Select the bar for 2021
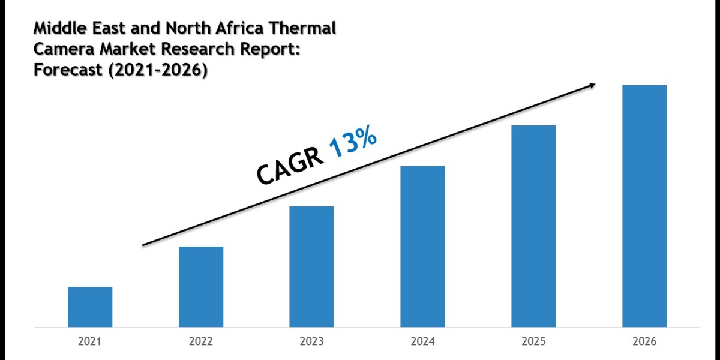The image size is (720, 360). pos(90,307)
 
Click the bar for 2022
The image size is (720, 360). pos(201,287)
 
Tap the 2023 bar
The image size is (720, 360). pos(311,266)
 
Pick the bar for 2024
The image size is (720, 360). pos(422,246)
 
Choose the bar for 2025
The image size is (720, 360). pos(533,226)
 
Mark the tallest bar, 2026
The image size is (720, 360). pos(644,206)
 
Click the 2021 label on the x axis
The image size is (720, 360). pos(90,342)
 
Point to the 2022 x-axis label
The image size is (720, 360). pos(201,342)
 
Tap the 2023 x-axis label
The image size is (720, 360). pos(311,342)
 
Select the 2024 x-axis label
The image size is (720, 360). pos(422,342)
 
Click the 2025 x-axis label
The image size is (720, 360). pos(533,342)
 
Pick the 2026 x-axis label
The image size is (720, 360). pos(644,342)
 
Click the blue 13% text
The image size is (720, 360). pos(353,145)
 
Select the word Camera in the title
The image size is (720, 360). pos(61,50)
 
